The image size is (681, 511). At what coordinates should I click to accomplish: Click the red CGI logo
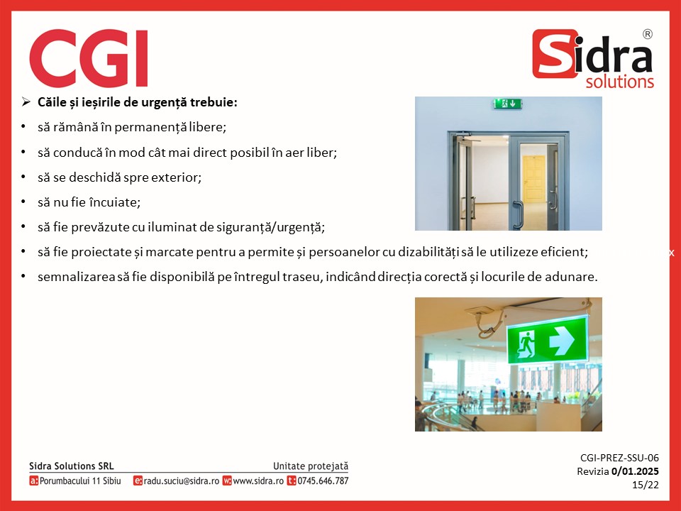[x=89, y=58]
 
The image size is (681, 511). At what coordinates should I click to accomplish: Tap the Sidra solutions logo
[x=593, y=59]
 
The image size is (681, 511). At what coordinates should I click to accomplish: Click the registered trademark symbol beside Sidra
[x=647, y=34]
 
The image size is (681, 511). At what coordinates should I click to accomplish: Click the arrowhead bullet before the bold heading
[x=26, y=102]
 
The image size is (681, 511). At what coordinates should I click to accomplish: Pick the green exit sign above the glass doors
[x=507, y=104]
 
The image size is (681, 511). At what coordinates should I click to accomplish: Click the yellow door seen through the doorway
[x=533, y=179]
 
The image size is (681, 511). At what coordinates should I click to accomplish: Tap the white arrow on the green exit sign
[x=562, y=340]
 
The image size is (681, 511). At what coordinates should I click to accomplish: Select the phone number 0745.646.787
[x=323, y=481]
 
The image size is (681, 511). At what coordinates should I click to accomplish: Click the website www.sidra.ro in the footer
[x=258, y=481]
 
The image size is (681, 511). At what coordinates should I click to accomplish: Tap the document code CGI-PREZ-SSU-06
[x=619, y=458]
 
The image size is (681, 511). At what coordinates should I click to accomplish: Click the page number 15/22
[x=646, y=485]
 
